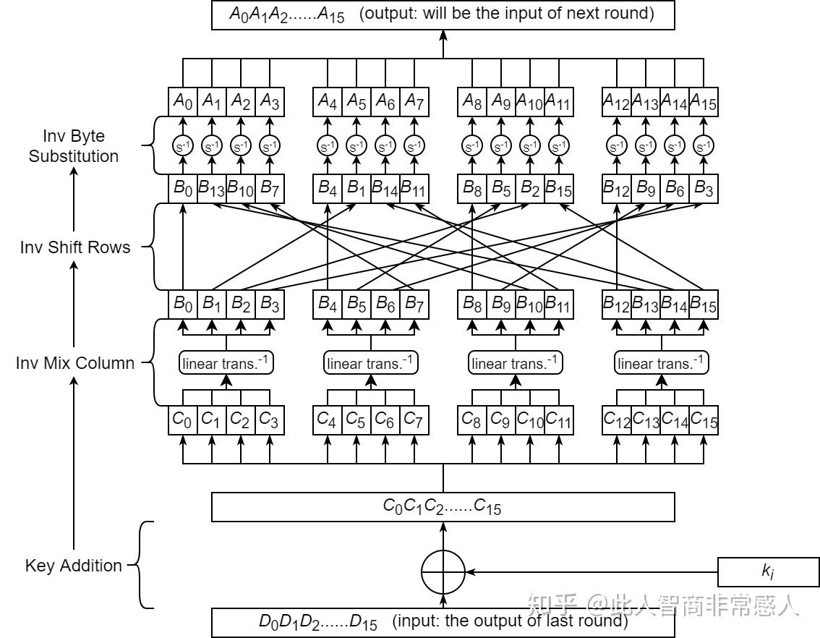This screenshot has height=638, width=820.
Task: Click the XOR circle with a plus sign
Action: (443, 571)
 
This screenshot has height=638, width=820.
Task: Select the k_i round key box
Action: (768, 571)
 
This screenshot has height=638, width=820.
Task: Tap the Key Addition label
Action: (74, 566)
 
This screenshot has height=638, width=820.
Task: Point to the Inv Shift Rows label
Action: (75, 247)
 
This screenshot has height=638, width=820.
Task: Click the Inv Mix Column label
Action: (75, 362)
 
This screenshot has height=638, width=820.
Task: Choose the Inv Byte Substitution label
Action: (74, 146)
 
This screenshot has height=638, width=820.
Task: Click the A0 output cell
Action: (182, 102)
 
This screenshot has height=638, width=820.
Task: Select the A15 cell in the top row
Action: (703, 102)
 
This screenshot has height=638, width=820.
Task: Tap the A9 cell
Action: (500, 102)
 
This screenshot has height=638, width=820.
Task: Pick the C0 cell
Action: (182, 420)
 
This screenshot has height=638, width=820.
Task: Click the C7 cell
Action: (414, 420)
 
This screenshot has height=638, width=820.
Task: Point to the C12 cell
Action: (616, 420)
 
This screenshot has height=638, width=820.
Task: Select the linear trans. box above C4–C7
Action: (371, 362)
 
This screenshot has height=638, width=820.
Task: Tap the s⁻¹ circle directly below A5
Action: (356, 146)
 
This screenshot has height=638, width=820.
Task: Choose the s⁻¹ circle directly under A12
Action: (616, 146)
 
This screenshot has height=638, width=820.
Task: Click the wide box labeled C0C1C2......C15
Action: (443, 507)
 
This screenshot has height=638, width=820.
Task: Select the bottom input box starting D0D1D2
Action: (443, 622)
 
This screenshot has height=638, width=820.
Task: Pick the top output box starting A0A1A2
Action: (443, 15)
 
